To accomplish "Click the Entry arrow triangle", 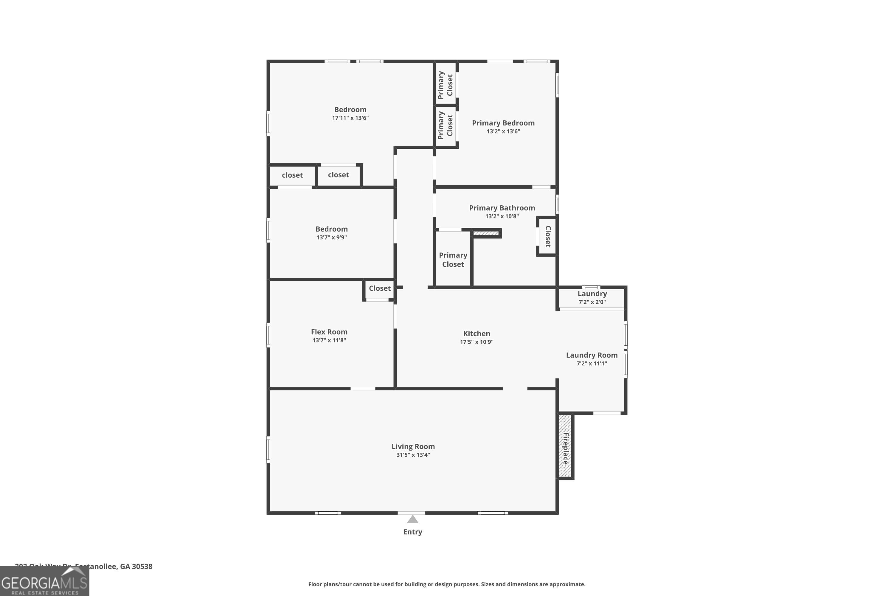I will tap(412, 519).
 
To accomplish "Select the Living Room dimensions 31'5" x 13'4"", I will tap(413, 455).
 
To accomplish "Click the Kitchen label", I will tap(476, 333).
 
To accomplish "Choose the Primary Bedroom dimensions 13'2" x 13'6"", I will tap(503, 131).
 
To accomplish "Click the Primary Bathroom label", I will tap(502, 208).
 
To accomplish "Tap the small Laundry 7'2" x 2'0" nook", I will tap(592, 298).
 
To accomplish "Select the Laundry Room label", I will tap(592, 355).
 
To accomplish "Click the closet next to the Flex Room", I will tap(379, 288).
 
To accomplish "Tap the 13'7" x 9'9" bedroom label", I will tap(331, 229).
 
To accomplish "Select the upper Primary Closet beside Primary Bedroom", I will tap(446, 85).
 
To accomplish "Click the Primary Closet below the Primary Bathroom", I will tap(453, 260).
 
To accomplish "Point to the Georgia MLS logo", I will tap(44, 582).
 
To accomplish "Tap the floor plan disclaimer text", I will tap(447, 584).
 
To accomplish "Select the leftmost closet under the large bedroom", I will tap(292, 175).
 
